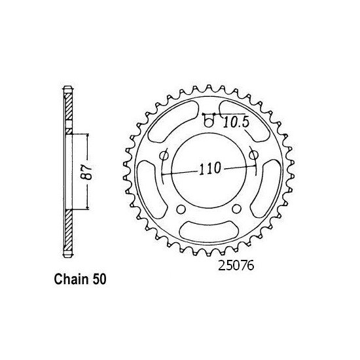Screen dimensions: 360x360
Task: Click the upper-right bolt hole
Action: click(x=253, y=155)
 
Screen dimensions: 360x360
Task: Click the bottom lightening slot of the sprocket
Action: click(x=209, y=230)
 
